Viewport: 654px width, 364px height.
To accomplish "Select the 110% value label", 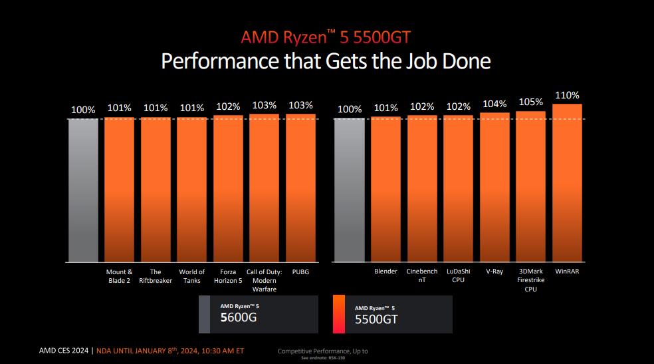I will click(567, 95).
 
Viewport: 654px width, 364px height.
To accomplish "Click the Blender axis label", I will click(385, 272).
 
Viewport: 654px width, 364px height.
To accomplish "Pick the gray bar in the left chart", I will click(83, 190).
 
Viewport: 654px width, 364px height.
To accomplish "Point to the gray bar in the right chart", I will click(350, 190).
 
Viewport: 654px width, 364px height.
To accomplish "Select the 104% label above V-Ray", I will click(494, 104).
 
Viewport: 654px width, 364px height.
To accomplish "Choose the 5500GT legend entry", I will click(392, 314).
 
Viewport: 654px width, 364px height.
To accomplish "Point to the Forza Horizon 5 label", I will click(228, 276).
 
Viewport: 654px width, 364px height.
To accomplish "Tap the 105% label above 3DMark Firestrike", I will click(530, 102).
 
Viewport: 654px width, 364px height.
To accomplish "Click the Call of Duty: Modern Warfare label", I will click(265, 280).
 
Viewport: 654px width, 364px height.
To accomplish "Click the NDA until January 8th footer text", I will click(169, 350).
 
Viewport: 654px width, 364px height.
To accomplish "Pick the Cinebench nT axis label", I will click(422, 276).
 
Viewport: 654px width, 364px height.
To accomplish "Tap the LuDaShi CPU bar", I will click(458, 188).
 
